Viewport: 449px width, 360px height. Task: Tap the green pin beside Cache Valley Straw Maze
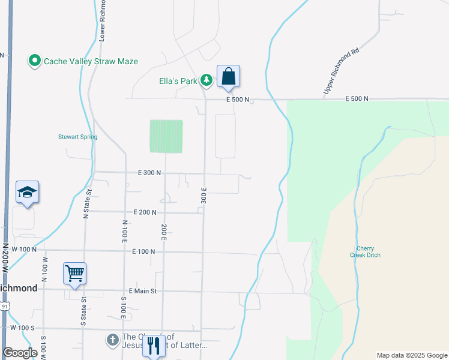pos(34,61)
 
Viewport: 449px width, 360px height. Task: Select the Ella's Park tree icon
pos(206,80)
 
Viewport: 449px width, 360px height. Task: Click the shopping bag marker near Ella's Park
pos(228,77)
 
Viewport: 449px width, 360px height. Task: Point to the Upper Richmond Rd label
pos(341,71)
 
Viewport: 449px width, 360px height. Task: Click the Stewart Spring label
pos(77,137)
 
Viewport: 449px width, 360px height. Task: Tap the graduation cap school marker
pos(27,193)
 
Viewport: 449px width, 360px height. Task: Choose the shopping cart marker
pos(75,274)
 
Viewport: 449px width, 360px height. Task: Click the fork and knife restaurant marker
pos(153,346)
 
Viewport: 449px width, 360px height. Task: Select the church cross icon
pos(112,340)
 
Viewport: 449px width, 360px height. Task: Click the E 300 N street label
pos(149,173)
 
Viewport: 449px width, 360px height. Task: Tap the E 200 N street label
pos(145,212)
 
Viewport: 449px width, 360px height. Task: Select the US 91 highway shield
pos(4,307)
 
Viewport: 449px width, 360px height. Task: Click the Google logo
pos(20,353)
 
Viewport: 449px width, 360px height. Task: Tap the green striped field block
pos(166,136)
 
